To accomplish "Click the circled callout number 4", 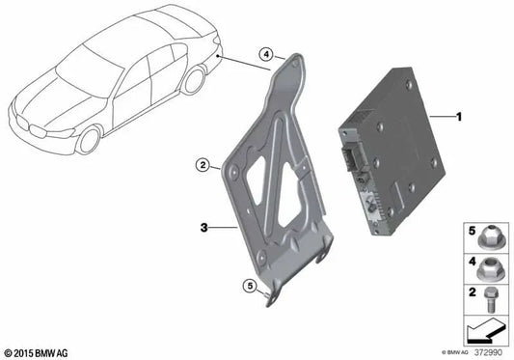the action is click(x=266, y=54).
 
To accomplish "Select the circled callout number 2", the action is click(x=203, y=165).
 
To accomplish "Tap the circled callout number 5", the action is click(x=250, y=286).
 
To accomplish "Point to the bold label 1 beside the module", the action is click(x=459, y=117).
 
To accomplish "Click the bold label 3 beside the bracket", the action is click(x=203, y=227).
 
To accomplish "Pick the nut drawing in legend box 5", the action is click(x=487, y=239).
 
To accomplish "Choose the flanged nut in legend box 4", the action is click(x=487, y=269).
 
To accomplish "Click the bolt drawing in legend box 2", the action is click(x=490, y=299).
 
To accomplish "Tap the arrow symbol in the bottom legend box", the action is click(x=484, y=330).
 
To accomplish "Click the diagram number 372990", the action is click(x=488, y=352).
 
